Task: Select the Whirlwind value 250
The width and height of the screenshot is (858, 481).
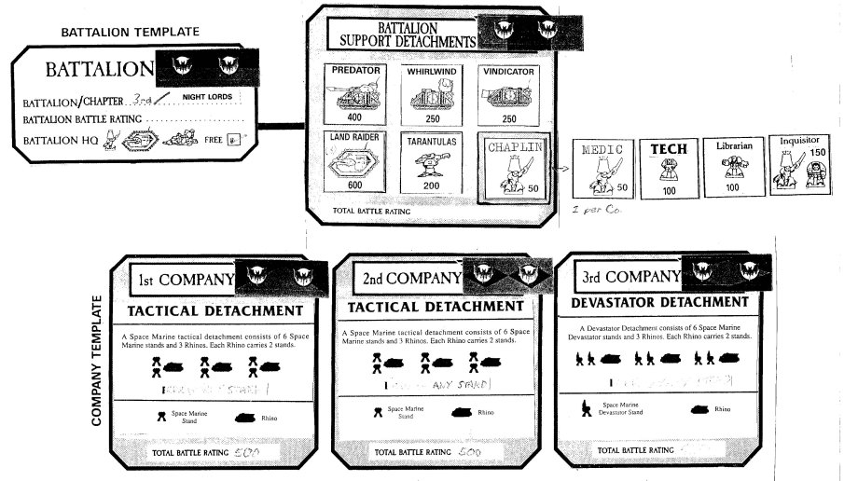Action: coord(431,119)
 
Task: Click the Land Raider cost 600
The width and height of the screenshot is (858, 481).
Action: coord(353,186)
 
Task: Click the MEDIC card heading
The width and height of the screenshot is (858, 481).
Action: coord(600,149)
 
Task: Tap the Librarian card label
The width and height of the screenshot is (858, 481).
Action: coord(733,147)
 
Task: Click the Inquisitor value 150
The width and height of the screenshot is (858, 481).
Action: coord(820,152)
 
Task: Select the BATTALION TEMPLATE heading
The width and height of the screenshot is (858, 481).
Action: coord(130,32)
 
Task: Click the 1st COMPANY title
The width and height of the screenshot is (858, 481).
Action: coord(186,279)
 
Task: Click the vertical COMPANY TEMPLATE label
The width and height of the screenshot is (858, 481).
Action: coord(97,362)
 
